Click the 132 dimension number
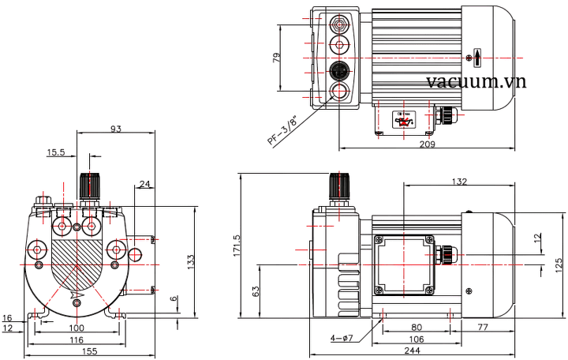pyautogui.click(x=458, y=182)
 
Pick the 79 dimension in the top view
pyautogui.click(x=277, y=60)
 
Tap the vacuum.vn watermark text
pyautogui.click(x=476, y=83)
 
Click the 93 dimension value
pyautogui.click(x=117, y=129)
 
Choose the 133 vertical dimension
pyautogui.click(x=191, y=261)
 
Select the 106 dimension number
pyautogui.click(x=416, y=338)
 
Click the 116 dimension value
pyautogui.click(x=75, y=339)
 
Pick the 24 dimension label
pyautogui.click(x=144, y=185)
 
